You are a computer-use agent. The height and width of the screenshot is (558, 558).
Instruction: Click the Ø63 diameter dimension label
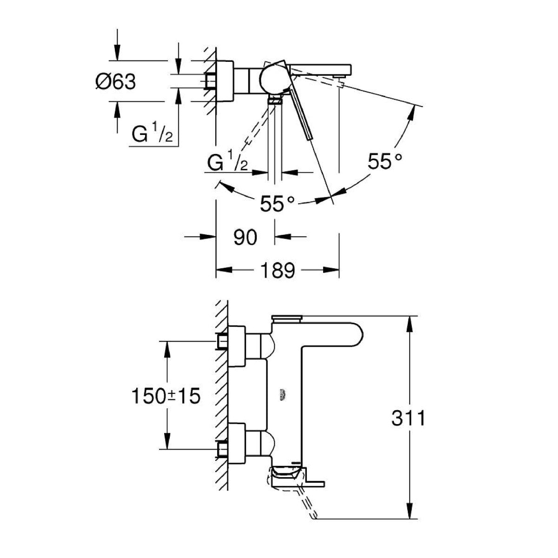[x=116, y=82]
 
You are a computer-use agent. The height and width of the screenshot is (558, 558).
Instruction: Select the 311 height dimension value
[x=408, y=418]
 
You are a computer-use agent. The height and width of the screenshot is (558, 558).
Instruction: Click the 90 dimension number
[x=245, y=237]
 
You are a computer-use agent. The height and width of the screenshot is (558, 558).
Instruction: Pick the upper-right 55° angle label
[x=385, y=161]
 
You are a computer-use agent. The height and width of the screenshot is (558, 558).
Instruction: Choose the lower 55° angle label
[x=277, y=203]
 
